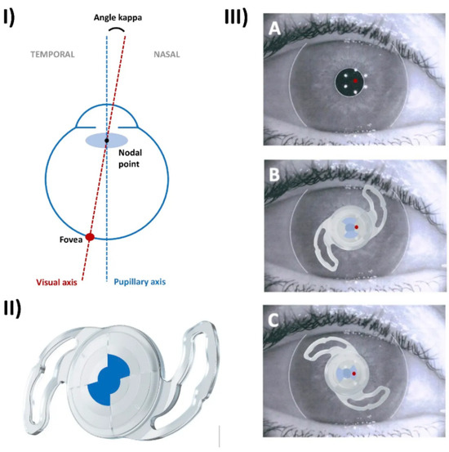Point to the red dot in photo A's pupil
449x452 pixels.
pyautogui.click(x=355, y=81)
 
